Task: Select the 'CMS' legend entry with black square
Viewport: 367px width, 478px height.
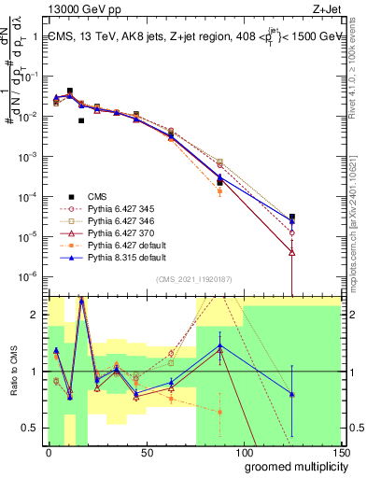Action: coord(98,196)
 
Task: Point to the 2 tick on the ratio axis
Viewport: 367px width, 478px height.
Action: coord(38,315)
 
